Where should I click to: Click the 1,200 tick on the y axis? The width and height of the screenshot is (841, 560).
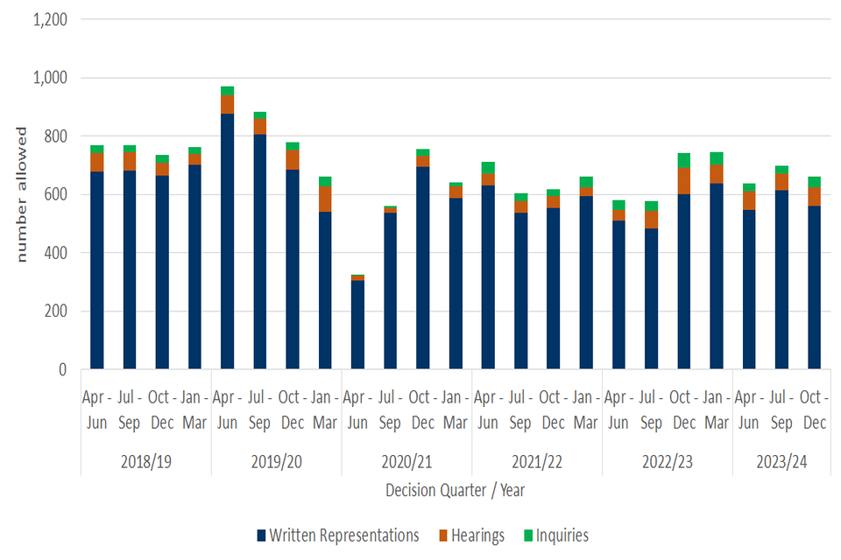click(50, 19)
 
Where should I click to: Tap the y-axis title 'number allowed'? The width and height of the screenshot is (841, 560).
click(23, 194)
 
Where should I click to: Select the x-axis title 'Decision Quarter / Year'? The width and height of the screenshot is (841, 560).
click(455, 491)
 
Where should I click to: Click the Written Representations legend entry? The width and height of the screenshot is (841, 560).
click(337, 535)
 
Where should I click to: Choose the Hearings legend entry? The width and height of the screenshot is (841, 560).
click(471, 535)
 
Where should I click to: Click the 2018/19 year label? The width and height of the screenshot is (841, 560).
click(146, 460)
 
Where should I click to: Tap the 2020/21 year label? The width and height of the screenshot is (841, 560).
click(406, 460)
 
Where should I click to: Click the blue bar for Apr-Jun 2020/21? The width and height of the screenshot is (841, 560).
click(357, 325)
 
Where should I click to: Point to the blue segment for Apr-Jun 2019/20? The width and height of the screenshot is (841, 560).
click(228, 241)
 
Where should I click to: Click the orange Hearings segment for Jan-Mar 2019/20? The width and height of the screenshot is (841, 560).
click(325, 199)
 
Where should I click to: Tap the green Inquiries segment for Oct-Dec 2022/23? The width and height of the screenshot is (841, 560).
click(683, 160)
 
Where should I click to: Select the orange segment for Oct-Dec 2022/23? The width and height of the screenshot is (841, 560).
click(683, 181)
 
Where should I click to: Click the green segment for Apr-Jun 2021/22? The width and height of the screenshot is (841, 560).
click(488, 167)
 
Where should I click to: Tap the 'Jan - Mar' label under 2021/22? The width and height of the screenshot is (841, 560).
click(585, 410)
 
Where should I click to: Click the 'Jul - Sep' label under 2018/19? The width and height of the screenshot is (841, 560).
click(130, 410)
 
